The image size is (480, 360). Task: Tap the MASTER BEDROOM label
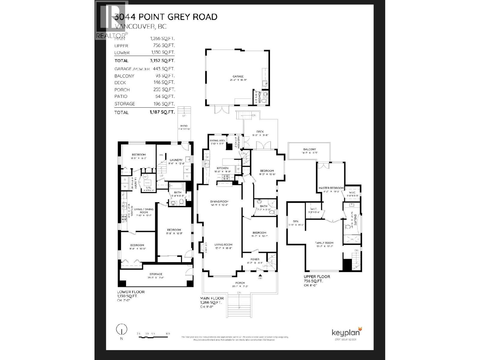[x=331, y=188]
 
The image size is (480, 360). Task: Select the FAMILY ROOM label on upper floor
[x=324, y=243]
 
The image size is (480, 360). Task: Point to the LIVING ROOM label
[x=223, y=244]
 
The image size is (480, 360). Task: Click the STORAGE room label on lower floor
[x=156, y=274]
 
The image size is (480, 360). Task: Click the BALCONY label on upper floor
[x=309, y=149]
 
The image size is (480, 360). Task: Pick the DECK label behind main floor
[x=260, y=131]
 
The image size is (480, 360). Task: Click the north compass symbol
[x=121, y=329]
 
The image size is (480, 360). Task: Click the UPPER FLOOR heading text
[x=317, y=277]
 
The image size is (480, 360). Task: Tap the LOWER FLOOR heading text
[x=131, y=292]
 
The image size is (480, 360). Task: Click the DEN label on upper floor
[x=295, y=221]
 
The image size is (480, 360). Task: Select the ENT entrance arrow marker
[x=260, y=275]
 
